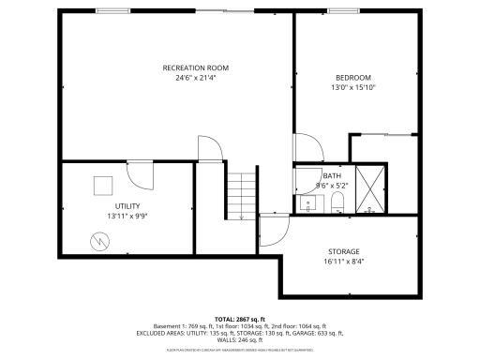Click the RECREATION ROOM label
(195, 67)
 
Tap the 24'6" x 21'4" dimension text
(195, 78)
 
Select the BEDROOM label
(353, 77)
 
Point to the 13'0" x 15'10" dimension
(353, 87)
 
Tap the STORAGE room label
(343, 251)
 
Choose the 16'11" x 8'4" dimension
(343, 262)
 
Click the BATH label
(332, 175)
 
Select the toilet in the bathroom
(339, 203)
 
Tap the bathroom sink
(307, 202)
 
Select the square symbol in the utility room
(103, 185)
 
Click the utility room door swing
(141, 174)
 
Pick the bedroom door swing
(307, 150)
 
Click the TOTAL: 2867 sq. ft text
(240, 319)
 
